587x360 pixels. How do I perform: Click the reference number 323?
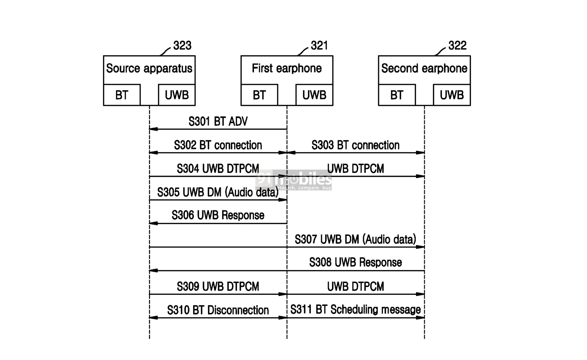[x=182, y=46]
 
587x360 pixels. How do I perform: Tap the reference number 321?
[x=319, y=46]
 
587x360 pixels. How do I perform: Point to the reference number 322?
[x=457, y=46]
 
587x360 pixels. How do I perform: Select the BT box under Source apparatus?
[x=122, y=95]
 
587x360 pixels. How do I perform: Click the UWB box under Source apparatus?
[x=177, y=95]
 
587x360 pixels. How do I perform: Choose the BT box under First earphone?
[x=259, y=95]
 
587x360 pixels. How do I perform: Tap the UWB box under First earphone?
[x=314, y=95]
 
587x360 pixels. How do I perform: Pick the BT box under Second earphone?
[x=397, y=95]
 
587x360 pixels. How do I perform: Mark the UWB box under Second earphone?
[x=452, y=95]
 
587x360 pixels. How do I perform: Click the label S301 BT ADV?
[x=218, y=122]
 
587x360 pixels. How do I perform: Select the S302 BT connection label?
[x=218, y=145]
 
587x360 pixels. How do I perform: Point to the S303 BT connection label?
[x=355, y=145]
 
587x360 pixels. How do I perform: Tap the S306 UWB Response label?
[x=218, y=215]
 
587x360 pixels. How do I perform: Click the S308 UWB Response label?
[x=355, y=263]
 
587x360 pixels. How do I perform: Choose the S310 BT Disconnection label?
[x=218, y=310]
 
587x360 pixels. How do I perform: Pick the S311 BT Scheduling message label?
[x=355, y=310]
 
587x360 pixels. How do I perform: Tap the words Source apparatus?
[x=149, y=69]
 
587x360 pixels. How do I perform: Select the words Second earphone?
[x=424, y=69]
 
